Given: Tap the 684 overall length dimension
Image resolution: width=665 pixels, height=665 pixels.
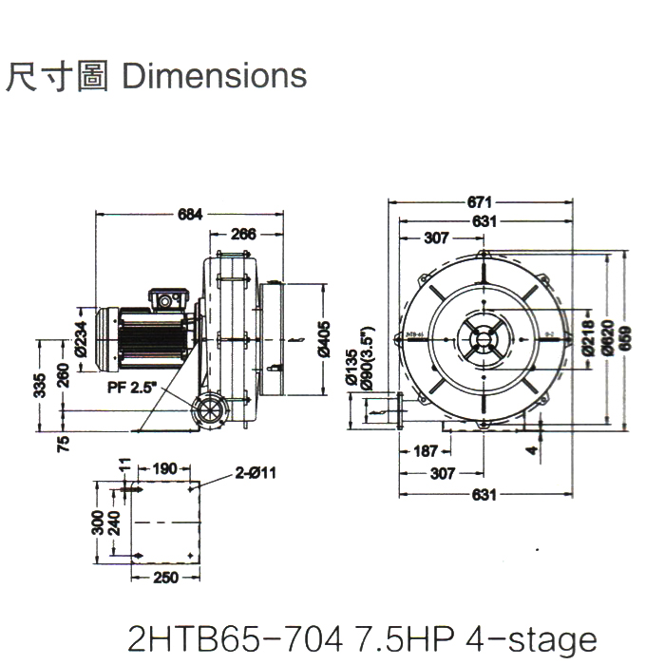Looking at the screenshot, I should [x=191, y=214].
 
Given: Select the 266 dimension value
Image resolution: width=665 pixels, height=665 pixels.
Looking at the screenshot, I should [x=243, y=234].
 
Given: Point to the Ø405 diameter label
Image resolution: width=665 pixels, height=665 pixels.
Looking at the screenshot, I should [x=326, y=337].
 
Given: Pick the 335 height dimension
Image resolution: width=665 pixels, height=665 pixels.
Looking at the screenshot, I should [x=41, y=386].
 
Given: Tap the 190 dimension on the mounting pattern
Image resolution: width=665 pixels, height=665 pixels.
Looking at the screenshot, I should [x=165, y=468].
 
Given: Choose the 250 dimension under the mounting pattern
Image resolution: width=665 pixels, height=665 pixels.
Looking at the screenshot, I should [x=165, y=578].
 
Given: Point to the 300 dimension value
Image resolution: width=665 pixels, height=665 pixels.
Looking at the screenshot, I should [x=98, y=522].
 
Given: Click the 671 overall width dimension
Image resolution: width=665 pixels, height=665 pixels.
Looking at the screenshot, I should [x=480, y=202].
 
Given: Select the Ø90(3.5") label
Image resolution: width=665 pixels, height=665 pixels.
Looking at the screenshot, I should [x=366, y=361].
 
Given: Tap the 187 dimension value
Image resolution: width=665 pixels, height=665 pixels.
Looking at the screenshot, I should [x=426, y=451].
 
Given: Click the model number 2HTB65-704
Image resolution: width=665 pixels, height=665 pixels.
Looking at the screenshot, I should [x=234, y=638].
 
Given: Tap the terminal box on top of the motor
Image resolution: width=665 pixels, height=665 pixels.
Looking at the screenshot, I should [x=167, y=300].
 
